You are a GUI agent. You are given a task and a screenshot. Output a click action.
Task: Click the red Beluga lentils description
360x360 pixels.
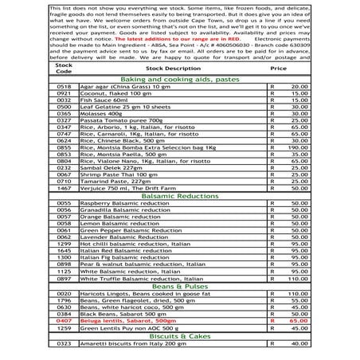pos(127,320)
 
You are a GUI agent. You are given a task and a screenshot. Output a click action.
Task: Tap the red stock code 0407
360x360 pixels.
pos(64,320)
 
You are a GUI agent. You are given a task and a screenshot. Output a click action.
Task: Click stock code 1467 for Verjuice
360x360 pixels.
pos(64,188)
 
